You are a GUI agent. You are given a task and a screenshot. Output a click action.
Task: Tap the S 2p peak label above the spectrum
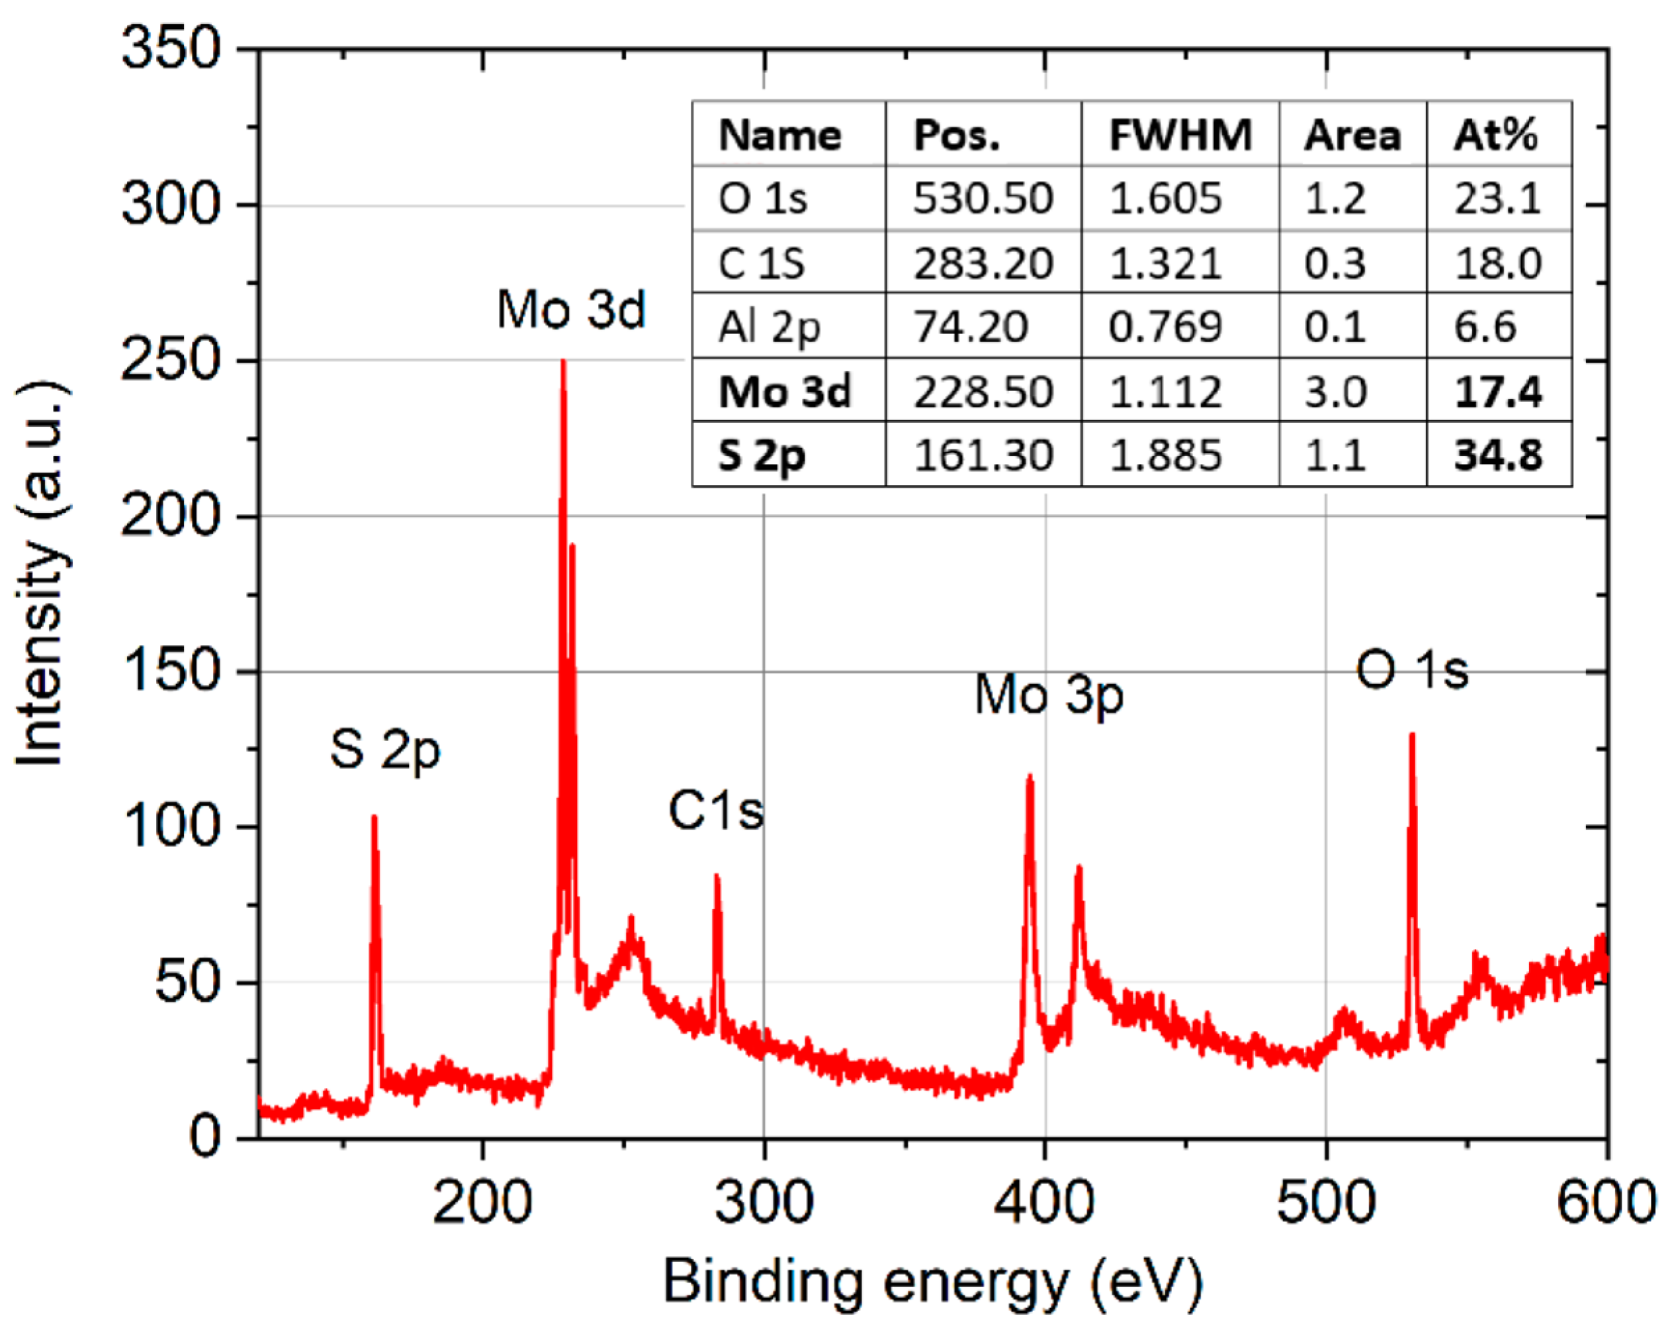click(385, 750)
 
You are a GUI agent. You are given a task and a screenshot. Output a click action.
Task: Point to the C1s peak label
click(716, 811)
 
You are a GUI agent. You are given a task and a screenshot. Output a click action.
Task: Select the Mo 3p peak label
click(1049, 694)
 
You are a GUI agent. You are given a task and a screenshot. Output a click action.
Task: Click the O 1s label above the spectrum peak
click(1413, 670)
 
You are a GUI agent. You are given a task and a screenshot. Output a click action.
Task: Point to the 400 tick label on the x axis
click(1044, 1202)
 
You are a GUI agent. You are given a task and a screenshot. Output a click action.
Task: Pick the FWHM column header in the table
click(1180, 135)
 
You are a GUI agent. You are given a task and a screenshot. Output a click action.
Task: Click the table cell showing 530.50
click(983, 199)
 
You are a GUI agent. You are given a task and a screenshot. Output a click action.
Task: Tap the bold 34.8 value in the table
click(1498, 455)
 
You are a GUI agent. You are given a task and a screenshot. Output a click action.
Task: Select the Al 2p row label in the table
click(769, 327)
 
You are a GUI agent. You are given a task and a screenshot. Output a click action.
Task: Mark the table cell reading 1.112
click(1165, 391)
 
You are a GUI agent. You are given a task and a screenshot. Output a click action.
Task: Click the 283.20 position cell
click(983, 263)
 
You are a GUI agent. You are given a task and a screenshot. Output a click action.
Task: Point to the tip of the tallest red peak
click(564, 363)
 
